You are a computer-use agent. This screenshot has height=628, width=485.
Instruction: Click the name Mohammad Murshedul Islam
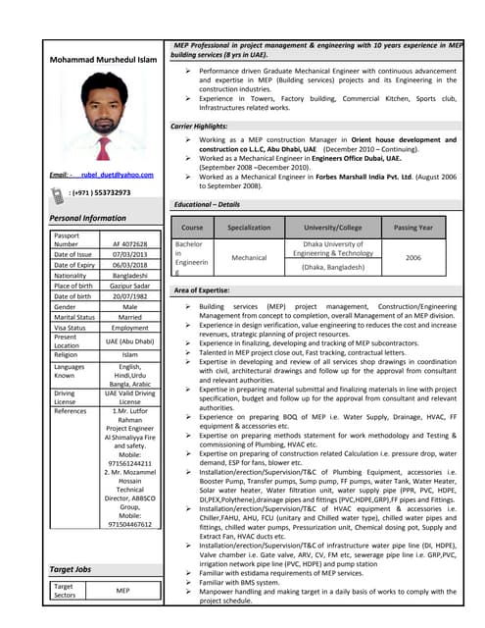[x=104, y=62]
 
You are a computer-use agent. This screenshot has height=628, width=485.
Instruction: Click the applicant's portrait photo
[x=105, y=120]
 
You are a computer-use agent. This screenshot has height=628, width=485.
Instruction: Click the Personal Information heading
[x=88, y=218]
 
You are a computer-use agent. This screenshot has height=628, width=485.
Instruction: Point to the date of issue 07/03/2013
[x=129, y=254]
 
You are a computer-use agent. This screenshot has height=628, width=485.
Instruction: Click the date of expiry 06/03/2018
[x=129, y=265]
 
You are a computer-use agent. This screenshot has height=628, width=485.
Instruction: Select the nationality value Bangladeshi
[x=129, y=276]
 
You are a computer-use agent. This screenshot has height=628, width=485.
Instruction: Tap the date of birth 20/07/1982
[x=129, y=296]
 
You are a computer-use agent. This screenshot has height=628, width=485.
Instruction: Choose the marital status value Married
[x=129, y=317]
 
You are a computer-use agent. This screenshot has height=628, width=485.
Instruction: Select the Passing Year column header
[x=413, y=227]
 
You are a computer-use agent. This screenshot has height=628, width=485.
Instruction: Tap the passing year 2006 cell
[x=413, y=257]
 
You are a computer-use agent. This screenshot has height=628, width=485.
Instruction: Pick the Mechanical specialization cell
[x=249, y=257]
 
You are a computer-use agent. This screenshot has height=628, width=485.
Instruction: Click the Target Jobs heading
[x=71, y=568]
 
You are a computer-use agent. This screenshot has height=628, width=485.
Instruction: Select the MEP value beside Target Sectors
[x=123, y=591]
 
